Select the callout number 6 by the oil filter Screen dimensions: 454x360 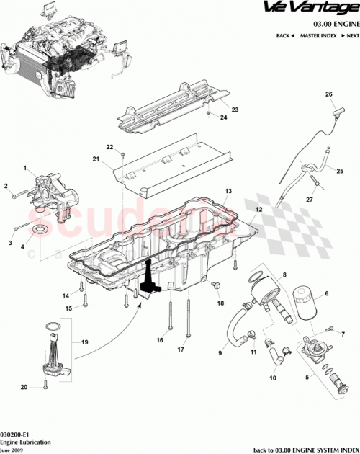[x=326, y=293]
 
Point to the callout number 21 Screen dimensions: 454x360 [x=95, y=159]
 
